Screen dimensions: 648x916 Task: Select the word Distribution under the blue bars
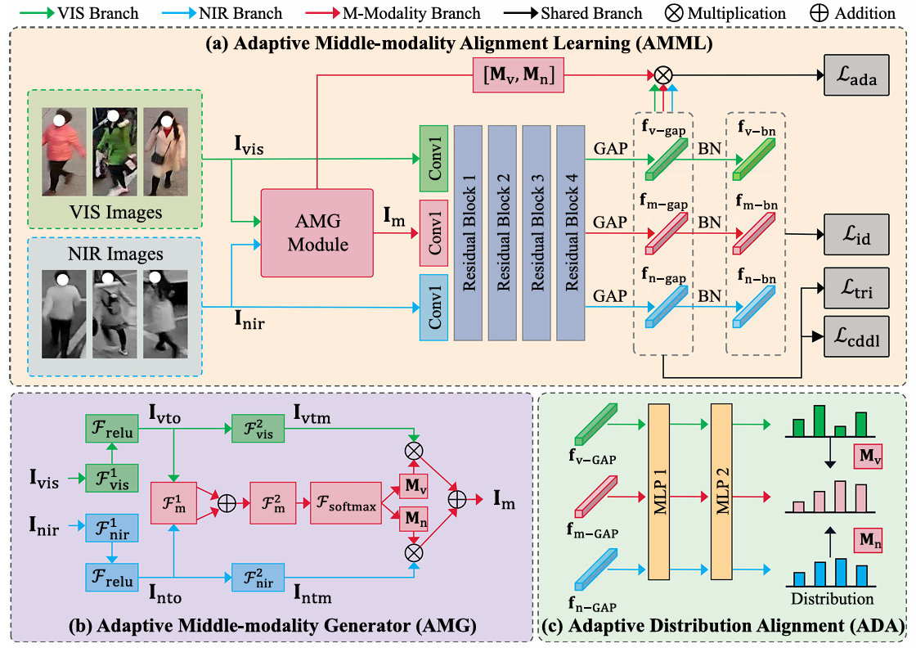[x=833, y=598]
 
